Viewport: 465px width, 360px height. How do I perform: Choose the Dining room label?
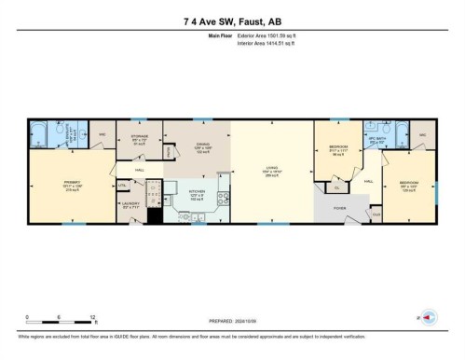click(202, 145)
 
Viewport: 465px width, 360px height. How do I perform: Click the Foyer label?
click(339, 207)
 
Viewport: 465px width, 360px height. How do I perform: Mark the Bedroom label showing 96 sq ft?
click(338, 149)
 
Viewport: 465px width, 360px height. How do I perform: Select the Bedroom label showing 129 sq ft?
click(409, 184)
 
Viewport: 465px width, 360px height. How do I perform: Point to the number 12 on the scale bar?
click(93, 317)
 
